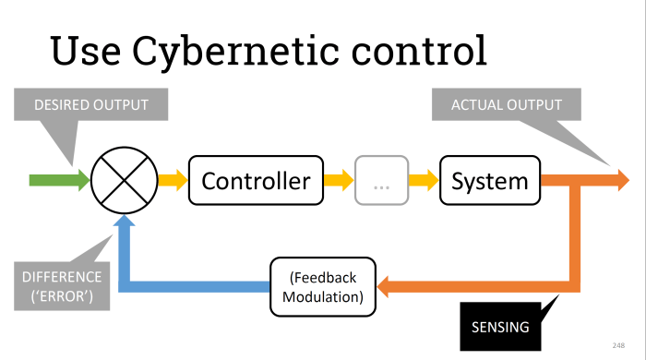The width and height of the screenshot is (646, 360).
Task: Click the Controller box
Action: click(257, 181)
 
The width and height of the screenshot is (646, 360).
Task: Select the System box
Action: click(489, 181)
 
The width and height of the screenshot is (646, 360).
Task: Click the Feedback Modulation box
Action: click(323, 286)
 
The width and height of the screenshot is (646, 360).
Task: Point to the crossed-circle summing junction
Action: click(124, 181)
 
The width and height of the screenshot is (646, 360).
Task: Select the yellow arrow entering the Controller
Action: click(172, 181)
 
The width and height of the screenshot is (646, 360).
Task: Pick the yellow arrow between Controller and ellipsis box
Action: click(340, 181)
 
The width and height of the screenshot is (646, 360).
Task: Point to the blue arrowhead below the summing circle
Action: click(125, 224)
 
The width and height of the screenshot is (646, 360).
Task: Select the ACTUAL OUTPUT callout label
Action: click(506, 105)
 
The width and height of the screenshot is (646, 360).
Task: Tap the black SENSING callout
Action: click(500, 325)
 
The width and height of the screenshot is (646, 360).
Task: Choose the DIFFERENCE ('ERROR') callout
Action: click(63, 286)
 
